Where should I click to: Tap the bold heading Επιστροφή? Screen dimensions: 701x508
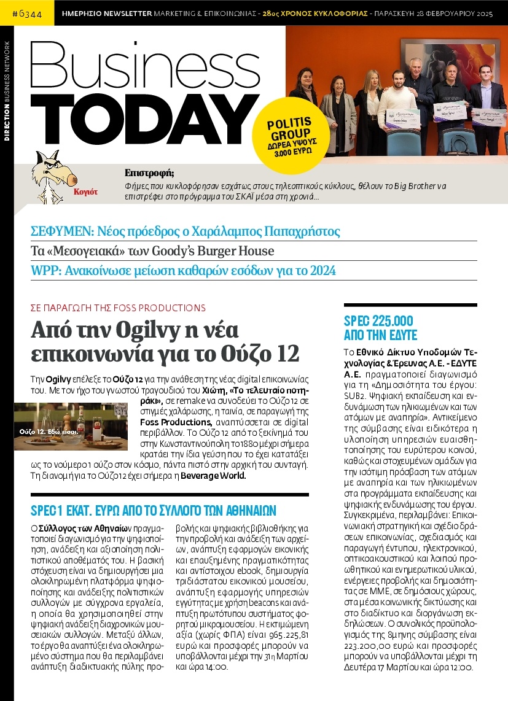click(149, 172)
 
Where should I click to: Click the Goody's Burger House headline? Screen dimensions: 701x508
click(152, 251)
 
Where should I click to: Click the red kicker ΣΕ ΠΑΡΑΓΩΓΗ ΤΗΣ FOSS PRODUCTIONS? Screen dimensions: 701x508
click(118, 308)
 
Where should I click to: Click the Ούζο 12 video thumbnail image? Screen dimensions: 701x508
click(71, 426)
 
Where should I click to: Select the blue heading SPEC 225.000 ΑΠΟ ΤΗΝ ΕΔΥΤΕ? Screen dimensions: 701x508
click(380, 328)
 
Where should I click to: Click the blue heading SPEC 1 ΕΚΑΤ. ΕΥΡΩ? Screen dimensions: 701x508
click(153, 510)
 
